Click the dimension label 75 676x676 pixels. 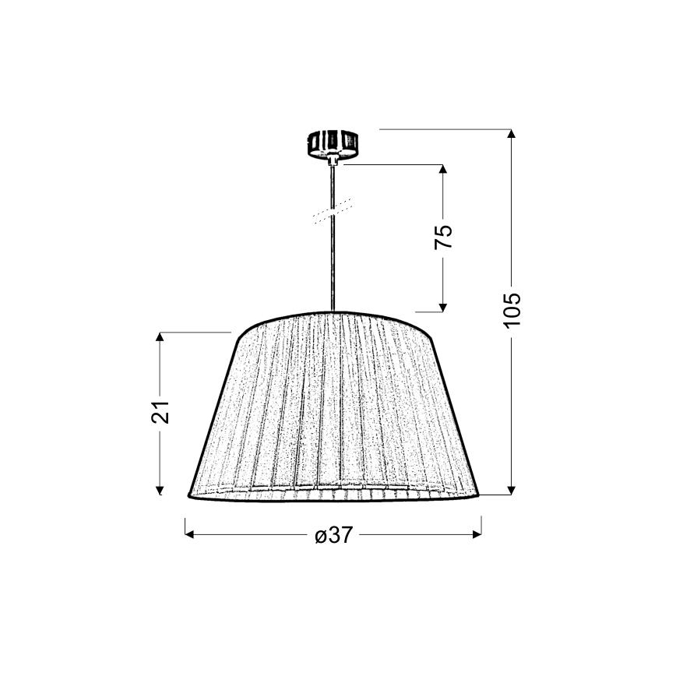point(443,236)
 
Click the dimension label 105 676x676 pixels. point(511,309)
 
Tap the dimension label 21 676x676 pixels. point(160,412)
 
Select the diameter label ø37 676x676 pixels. point(333,536)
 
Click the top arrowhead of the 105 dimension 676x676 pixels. point(511,134)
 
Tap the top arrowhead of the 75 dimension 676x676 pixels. point(443,170)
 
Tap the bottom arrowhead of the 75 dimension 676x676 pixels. point(443,305)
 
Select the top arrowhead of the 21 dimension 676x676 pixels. point(160,338)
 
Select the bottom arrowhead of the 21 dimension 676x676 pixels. point(160,490)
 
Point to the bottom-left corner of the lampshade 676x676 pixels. point(189,495)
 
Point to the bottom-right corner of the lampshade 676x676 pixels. point(479,495)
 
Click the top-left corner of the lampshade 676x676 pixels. point(235,333)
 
